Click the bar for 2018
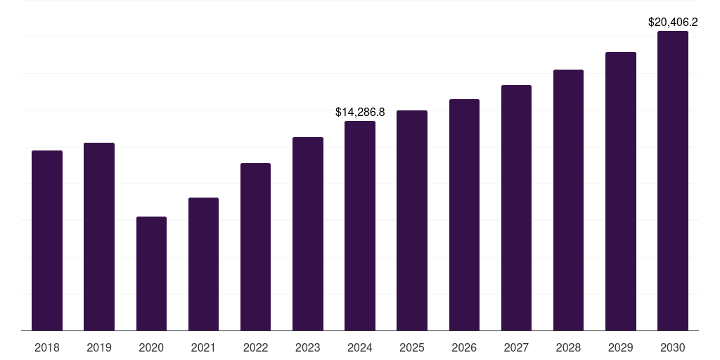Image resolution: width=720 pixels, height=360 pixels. pos(47,240)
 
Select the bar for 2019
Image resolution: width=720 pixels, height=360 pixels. pos(99,236)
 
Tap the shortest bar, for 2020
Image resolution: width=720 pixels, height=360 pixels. pos(151,274)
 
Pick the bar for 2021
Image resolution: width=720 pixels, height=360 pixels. pos(203,264)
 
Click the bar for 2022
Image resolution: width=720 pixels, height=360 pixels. pos(255,247)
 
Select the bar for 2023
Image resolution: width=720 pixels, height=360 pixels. pos(308,233)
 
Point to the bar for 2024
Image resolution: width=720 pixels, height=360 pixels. pos(360,226)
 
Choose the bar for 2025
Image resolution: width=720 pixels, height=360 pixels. pos(412,220)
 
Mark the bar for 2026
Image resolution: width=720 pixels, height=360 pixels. pos(464,214)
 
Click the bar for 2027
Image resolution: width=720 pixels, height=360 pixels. pos(516,207)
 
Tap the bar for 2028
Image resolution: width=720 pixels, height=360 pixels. pos(568,200)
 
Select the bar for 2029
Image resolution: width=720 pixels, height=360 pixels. pos(620,191)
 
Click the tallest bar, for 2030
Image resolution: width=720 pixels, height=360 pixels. pos(673,181)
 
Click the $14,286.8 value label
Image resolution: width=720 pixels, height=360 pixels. pos(360,112)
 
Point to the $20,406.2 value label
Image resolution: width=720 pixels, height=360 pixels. pos(673,22)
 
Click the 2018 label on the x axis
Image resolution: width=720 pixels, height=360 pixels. pos(47,347)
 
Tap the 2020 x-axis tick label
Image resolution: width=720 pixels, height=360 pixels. pos(151,347)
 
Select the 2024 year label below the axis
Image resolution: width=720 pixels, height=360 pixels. pos(360,347)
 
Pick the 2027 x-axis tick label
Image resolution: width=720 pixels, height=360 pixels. pos(516,347)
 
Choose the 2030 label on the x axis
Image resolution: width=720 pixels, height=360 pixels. pos(673,347)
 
